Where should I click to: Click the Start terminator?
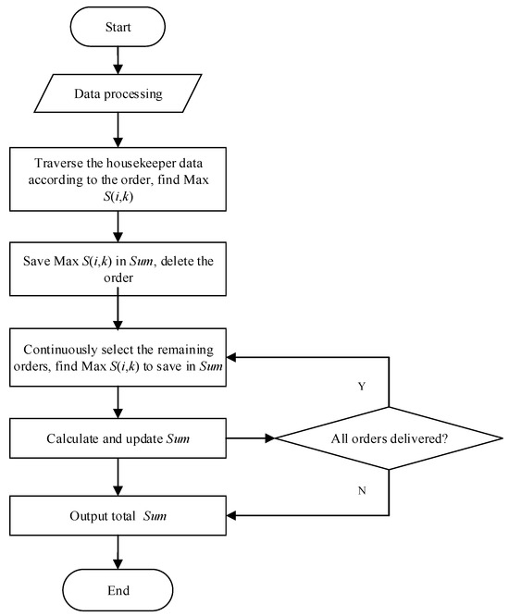pyautogui.click(x=118, y=28)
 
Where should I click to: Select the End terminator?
pyautogui.click(x=118, y=588)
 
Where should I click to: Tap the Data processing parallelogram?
pyautogui.click(x=118, y=94)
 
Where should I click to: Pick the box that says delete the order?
pyautogui.click(x=118, y=270)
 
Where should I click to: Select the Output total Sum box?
pyautogui.click(x=118, y=514)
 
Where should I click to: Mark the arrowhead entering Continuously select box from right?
pyautogui.click(x=235, y=357)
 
